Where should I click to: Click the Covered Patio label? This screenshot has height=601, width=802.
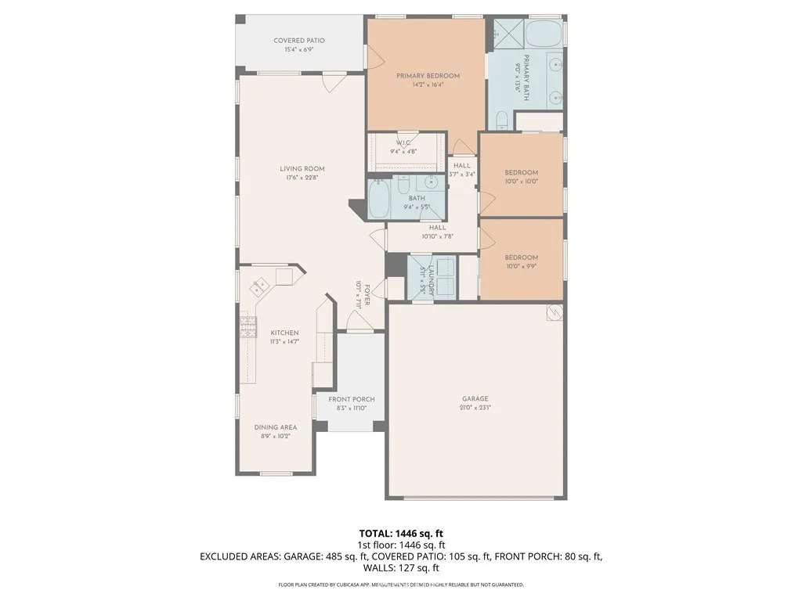(299, 41)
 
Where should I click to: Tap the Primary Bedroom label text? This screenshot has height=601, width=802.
(428, 76)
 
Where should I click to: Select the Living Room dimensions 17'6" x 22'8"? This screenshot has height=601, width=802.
(302, 178)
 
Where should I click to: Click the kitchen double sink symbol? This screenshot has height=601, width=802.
(260, 284)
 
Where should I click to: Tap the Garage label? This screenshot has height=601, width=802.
(475, 398)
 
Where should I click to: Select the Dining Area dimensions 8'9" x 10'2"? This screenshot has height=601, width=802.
(276, 436)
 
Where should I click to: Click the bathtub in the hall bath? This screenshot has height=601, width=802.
(378, 200)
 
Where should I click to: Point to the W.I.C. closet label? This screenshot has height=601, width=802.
(404, 142)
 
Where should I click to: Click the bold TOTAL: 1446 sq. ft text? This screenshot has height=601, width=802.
(400, 533)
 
